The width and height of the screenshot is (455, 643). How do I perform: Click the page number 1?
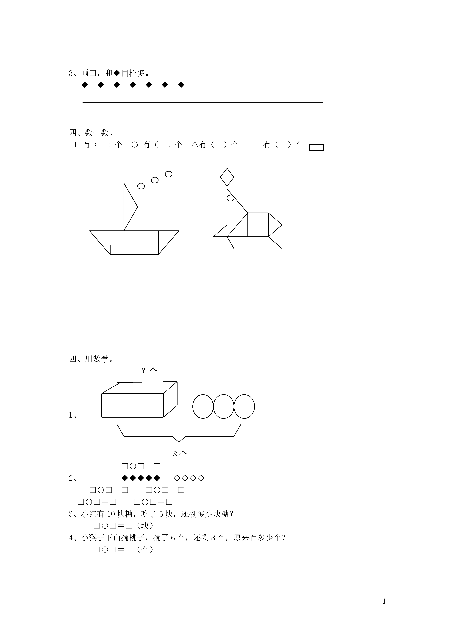coord(384,601)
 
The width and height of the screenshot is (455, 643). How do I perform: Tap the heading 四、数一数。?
coord(91,132)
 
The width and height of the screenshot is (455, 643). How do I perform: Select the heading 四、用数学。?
coord(91,359)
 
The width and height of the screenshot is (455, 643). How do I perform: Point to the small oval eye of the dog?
coord(230,198)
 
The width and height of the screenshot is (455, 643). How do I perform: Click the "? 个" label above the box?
coord(149,371)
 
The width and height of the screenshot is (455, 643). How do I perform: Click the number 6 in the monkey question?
coord(173,538)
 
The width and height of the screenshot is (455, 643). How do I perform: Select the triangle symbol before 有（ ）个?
coord(195,145)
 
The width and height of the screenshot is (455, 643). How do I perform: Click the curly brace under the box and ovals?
coord(179,436)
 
